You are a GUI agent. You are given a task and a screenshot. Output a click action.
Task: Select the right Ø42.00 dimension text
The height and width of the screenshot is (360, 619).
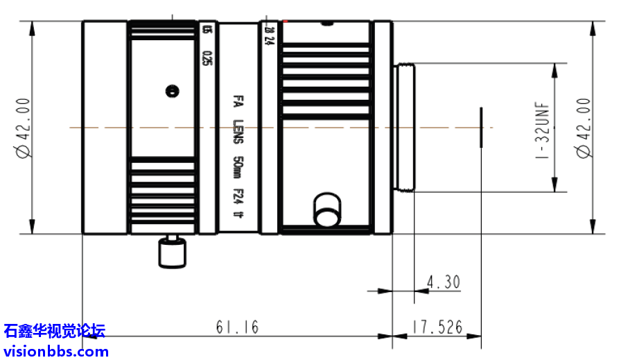click(584, 128)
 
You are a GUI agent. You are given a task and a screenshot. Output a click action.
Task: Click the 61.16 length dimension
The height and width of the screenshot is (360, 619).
click(237, 327)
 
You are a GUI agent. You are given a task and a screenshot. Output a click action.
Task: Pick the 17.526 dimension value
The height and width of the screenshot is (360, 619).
click(437, 327)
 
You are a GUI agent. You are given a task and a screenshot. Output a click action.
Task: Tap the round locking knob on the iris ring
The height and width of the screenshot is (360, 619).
click(326, 209)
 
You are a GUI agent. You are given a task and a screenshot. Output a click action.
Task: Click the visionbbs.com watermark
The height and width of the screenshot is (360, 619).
click(55, 351)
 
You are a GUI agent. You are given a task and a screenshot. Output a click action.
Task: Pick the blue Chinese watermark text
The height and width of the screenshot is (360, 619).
click(55, 331)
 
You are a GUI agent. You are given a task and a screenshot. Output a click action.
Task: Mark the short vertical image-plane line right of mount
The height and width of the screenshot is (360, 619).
click(480, 127)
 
